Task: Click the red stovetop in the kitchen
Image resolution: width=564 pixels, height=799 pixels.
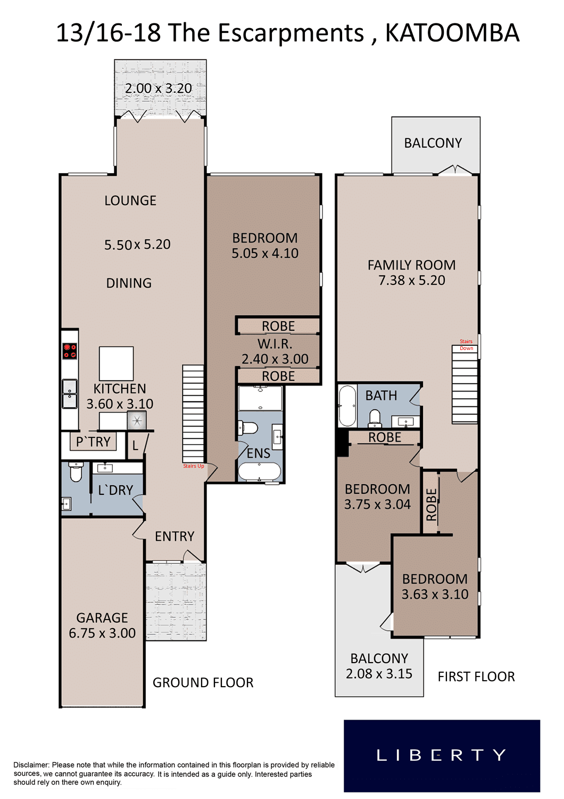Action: click(70, 350)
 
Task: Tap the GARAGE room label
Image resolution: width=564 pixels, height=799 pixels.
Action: click(102, 618)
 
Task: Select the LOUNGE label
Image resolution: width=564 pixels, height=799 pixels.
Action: click(130, 200)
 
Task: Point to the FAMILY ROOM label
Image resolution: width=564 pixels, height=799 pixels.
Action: click(411, 265)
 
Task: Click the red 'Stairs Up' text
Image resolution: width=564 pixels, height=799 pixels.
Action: click(194, 466)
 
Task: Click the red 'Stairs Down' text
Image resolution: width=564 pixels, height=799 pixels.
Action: click(466, 345)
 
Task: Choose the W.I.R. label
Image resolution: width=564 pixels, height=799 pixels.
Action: click(275, 344)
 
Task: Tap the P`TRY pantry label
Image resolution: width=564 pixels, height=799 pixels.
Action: click(93, 442)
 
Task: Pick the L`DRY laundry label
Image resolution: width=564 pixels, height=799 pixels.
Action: click(115, 490)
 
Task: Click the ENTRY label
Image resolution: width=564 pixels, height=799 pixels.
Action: click(175, 536)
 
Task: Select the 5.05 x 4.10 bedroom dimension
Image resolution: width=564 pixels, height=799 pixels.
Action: click(265, 253)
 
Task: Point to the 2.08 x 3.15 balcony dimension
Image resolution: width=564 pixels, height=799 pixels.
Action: click(379, 674)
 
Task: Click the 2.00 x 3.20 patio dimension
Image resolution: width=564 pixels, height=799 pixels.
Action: click(158, 88)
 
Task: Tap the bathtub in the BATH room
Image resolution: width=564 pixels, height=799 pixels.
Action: click(347, 406)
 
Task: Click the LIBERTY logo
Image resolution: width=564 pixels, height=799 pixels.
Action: click(442, 756)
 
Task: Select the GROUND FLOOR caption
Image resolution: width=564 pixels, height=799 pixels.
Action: click(203, 683)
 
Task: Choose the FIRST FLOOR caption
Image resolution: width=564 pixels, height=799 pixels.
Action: click(476, 676)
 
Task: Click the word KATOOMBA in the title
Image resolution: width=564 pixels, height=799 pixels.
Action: click(452, 33)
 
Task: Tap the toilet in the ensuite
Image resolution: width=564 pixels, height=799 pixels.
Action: click(248, 428)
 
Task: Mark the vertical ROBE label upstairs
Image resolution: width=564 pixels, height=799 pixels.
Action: click(432, 505)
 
